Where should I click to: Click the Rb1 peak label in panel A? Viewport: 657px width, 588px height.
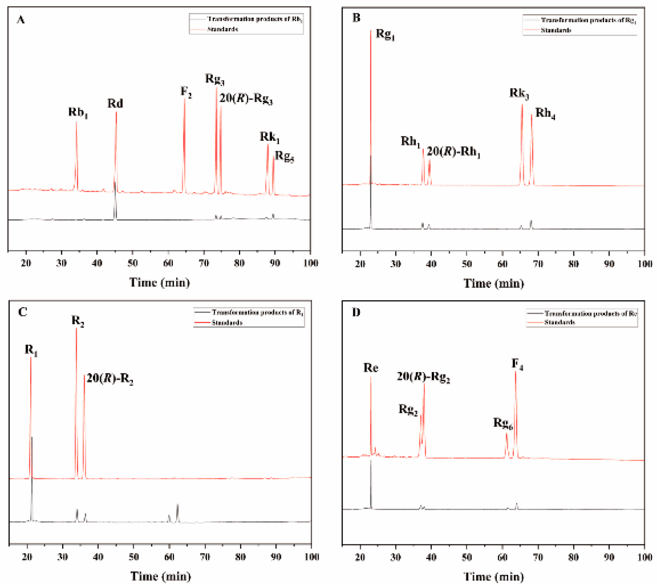tap(78, 112)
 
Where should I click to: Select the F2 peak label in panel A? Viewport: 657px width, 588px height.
tap(186, 92)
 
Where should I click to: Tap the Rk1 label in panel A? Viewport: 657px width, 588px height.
tap(270, 137)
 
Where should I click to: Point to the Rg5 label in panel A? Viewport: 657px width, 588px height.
tap(284, 156)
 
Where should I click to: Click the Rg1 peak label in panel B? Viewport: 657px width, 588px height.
tap(385, 34)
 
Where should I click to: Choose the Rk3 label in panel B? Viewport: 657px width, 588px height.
tap(519, 94)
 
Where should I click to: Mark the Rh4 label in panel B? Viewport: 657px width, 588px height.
tap(545, 113)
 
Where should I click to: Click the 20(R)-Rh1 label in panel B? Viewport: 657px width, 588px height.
tap(453, 152)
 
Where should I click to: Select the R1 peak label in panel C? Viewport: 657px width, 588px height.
tap(31, 350)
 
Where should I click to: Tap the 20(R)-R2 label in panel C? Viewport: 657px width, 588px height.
tap(110, 379)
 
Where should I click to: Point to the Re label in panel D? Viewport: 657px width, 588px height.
tap(370, 368)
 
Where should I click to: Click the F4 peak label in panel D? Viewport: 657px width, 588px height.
tap(517, 364)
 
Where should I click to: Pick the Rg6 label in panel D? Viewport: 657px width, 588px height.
tap(503, 423)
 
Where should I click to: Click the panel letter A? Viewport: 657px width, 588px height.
tap(20, 20)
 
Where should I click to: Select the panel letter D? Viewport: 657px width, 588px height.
tap(356, 312)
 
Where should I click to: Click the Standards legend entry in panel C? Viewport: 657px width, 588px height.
tap(227, 323)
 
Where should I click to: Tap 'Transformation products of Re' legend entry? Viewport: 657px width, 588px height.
tap(590, 313)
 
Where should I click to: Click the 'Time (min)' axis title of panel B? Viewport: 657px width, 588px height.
tap(494, 284)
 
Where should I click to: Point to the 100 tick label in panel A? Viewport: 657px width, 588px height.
tap(311, 263)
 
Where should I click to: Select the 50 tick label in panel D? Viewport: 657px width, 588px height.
tap(466, 557)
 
